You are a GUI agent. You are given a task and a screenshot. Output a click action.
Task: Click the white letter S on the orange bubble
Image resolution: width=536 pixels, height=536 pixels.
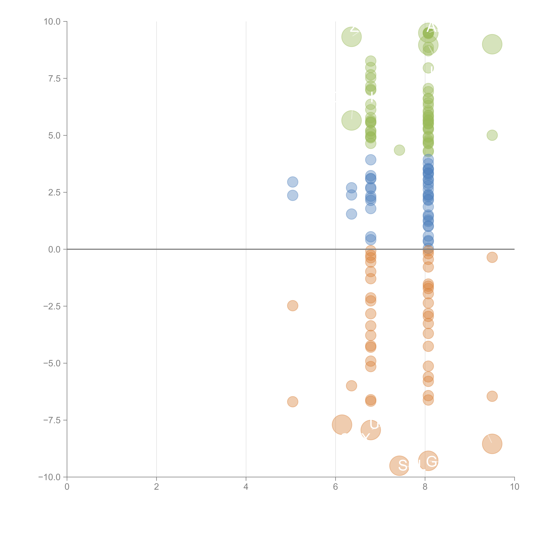click(x=403, y=466)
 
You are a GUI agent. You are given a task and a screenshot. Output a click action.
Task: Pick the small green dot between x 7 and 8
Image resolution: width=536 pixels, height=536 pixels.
click(x=399, y=150)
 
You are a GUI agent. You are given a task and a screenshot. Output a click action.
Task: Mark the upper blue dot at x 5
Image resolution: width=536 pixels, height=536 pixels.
click(x=292, y=182)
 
